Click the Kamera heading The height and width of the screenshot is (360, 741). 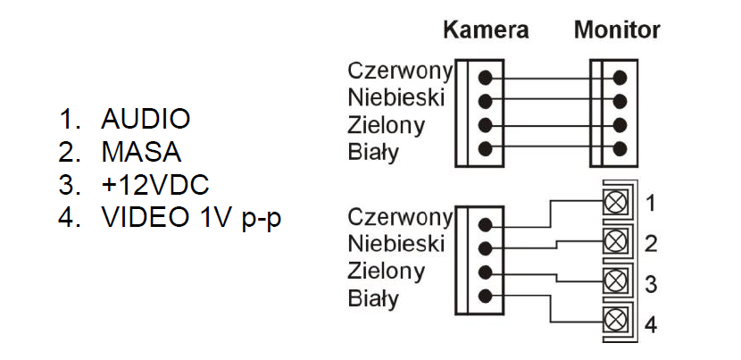pos(486,29)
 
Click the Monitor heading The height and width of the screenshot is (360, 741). pos(617,29)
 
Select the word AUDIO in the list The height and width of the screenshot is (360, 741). pos(146,119)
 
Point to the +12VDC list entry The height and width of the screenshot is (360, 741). pos(154,185)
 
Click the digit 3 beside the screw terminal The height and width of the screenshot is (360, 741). pos(651,284)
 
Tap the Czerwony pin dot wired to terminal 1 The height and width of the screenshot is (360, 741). pos(485,224)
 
